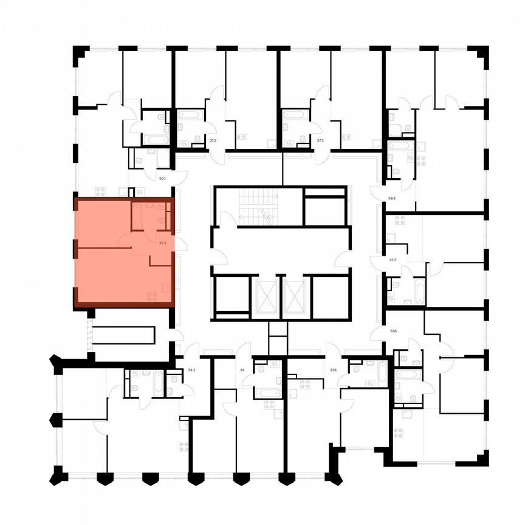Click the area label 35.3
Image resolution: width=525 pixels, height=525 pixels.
(162, 242)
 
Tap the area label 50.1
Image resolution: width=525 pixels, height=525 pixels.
(162, 179)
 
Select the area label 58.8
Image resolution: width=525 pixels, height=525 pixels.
(392, 198)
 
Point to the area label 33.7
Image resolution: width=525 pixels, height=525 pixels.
(392, 260)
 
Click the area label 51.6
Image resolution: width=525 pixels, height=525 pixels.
(393, 331)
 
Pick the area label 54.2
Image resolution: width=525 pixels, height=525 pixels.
(192, 369)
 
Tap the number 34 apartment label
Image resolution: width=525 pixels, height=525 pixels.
(243, 369)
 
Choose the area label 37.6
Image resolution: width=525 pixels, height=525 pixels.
(334, 369)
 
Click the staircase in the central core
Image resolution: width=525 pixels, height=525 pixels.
(258, 206)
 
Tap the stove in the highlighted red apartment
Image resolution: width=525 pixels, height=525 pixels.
(152, 296)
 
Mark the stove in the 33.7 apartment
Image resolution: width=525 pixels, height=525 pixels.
(391, 238)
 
